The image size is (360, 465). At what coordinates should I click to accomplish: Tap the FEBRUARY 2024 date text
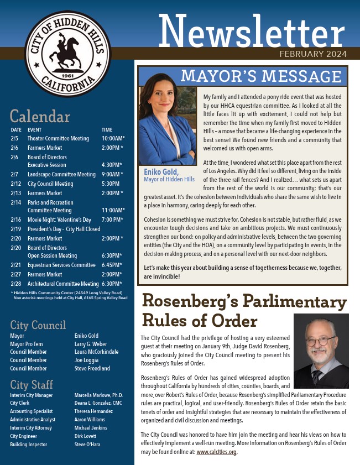point(313,54)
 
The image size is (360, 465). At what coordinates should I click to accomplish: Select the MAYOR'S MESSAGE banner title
point(260,76)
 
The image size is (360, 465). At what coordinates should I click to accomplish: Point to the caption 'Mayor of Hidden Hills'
point(169,179)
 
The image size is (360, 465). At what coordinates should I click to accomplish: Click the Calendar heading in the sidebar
point(40,117)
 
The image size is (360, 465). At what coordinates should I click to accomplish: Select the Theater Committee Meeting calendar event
point(58,138)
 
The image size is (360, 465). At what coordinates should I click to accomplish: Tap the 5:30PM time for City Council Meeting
point(111,184)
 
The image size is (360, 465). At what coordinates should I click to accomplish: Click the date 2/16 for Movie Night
point(15,220)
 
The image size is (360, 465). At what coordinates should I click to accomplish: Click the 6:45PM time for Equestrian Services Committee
point(113,265)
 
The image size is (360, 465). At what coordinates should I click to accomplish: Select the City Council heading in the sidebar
point(38,325)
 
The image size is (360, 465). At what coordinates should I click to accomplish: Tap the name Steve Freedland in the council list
point(92,368)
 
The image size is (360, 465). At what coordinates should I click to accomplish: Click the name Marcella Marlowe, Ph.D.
point(98,395)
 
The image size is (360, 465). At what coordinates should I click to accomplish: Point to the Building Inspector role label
point(28,444)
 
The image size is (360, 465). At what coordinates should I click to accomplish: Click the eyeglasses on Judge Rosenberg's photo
point(321,342)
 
